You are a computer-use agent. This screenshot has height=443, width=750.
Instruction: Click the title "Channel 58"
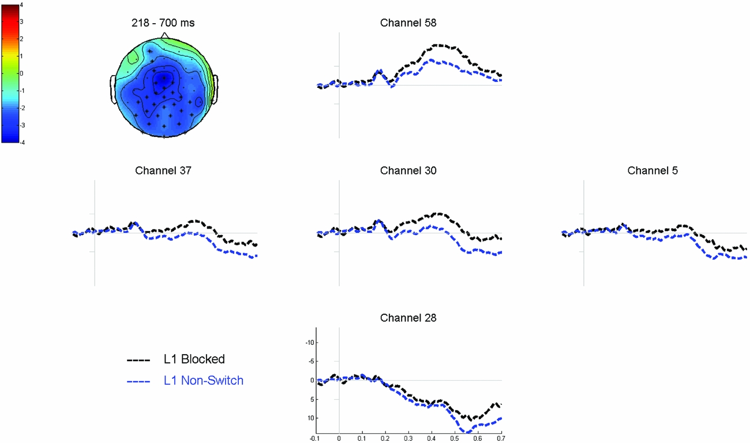[408, 23]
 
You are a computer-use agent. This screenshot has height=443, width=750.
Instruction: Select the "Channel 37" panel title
[163, 170]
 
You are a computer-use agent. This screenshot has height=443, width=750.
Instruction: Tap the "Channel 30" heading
[408, 170]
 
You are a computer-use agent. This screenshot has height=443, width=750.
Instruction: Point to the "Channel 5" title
[652, 170]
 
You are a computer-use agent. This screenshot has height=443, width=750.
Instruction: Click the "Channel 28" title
[408, 318]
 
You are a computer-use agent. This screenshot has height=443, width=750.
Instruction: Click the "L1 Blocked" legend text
[194, 359]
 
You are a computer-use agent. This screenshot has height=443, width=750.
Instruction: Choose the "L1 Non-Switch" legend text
[203, 380]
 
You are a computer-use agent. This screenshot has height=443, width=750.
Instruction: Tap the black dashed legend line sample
[138, 360]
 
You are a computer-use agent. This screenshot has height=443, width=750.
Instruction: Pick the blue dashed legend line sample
[138, 381]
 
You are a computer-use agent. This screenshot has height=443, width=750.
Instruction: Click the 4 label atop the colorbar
[21, 5]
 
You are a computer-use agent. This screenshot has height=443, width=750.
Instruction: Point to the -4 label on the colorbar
[21, 142]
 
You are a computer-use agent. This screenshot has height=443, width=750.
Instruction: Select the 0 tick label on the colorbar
[21, 73]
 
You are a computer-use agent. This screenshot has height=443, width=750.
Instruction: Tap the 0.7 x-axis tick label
[501, 438]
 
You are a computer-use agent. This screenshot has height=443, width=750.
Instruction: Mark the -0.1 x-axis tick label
[315, 438]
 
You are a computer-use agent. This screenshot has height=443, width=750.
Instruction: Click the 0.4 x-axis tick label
[432, 438]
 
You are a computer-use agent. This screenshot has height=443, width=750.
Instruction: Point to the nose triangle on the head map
[164, 35]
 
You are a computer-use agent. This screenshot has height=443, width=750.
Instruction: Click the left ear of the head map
[113, 90]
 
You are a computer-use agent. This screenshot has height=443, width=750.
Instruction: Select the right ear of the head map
[216, 90]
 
